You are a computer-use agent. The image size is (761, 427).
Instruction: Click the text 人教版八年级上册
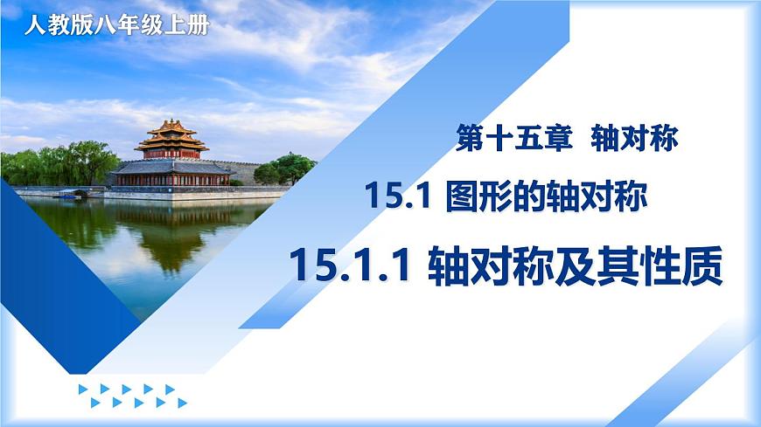pos(117,25)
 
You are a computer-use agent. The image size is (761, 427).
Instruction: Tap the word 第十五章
pos(512,139)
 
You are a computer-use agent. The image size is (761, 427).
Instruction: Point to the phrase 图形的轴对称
pos(546,200)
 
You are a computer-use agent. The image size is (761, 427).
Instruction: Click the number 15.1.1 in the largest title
pos(349,265)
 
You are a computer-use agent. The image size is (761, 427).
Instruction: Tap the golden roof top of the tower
pos(171,127)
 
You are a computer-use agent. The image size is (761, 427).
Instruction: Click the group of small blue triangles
pos(131,396)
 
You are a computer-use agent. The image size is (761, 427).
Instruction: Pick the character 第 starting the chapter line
pos(471,139)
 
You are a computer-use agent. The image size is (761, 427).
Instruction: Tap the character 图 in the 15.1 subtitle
pos(459,200)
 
